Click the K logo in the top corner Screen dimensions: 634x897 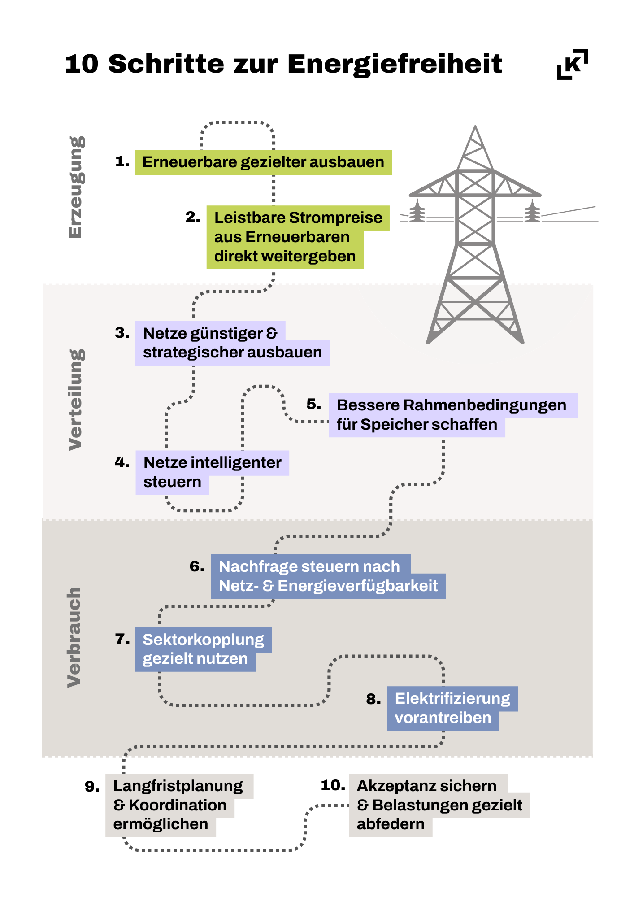point(573,64)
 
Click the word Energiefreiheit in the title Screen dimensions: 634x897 point(395,64)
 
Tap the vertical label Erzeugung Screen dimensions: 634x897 point(75,187)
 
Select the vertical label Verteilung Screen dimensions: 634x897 point(75,400)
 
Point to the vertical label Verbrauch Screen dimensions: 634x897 point(74,637)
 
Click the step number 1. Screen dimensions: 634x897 point(122,161)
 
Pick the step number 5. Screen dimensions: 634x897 point(314,404)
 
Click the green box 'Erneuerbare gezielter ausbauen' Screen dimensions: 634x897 point(263,162)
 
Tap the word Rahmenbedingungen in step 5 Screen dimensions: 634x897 point(485,405)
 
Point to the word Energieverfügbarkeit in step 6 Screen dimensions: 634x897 point(358,586)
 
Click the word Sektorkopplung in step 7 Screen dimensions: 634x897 point(204,640)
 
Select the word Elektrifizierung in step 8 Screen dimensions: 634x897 point(452,699)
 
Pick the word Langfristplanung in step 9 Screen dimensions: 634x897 point(178,786)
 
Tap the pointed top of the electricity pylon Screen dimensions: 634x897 point(475,126)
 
